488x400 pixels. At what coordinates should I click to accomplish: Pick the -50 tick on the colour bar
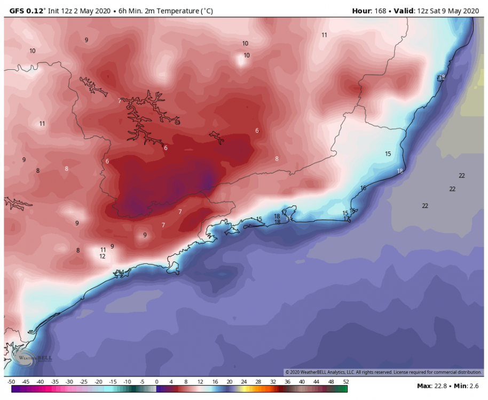coord(11,382)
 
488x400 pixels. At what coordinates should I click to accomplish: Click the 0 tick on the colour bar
coord(156,382)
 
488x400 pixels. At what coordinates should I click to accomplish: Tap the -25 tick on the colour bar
coord(84,382)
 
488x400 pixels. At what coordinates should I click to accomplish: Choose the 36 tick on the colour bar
coord(287,382)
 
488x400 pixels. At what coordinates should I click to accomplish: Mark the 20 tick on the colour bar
coord(229,382)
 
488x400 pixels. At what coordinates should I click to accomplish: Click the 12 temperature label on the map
coord(102,256)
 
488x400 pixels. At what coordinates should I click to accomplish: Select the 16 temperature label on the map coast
coord(363,188)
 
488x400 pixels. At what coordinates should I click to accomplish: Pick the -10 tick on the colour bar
coord(127,382)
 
